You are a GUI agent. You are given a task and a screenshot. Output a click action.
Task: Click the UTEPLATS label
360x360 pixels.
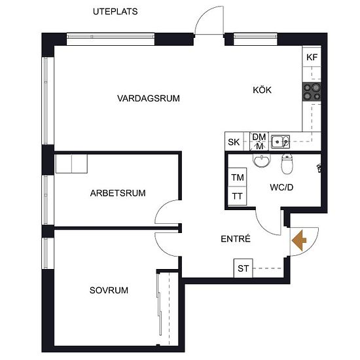pos(115,12)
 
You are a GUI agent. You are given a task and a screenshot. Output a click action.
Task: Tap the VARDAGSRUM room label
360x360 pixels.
pos(149,98)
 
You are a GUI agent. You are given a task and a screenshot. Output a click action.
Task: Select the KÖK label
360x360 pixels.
pos(262,90)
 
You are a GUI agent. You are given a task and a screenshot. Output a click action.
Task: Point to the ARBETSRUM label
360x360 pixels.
pos(118,193)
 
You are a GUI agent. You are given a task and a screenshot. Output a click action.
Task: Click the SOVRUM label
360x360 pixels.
pos(109,290)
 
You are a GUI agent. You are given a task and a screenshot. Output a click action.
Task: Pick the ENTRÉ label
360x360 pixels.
pos(236,239)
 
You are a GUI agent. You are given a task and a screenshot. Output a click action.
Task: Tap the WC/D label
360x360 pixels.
pos(281,187)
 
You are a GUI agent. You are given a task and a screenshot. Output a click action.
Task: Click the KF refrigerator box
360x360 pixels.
pos(312,57)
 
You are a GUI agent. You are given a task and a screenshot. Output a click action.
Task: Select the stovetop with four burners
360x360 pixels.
pos(312,92)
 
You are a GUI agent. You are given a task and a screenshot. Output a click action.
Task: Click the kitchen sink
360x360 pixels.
pos(280,141)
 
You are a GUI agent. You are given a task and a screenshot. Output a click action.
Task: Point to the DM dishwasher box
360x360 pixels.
pos(259,141)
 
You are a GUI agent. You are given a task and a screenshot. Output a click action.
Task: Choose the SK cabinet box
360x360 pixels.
pos(234,141)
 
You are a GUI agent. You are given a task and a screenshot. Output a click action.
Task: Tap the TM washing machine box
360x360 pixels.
pos(238,177)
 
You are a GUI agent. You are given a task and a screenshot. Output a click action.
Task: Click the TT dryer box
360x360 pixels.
pos(238,196)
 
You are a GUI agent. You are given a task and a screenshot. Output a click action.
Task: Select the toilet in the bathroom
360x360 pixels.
pos(287,163)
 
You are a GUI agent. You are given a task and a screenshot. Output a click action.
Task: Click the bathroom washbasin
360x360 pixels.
pos(262,160)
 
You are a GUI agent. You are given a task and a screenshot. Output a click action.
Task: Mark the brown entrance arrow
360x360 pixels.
pos(299,240)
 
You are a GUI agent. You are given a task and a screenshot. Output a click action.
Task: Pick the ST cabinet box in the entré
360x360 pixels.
pos(243,268)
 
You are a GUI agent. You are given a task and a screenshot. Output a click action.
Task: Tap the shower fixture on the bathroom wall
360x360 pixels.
pos(319,168)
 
